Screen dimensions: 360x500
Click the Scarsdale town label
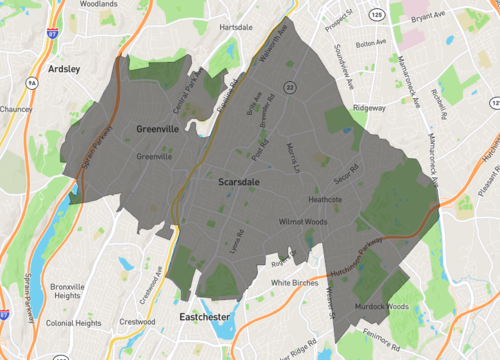[x=239, y=183]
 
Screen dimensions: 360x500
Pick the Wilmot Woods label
[x=304, y=221]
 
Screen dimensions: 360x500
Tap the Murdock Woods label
[x=382, y=306]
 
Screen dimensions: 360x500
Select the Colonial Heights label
[x=73, y=323]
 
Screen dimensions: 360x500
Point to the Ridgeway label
[x=368, y=107]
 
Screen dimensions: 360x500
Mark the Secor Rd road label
[x=347, y=173]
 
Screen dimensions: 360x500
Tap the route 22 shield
[x=288, y=87]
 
